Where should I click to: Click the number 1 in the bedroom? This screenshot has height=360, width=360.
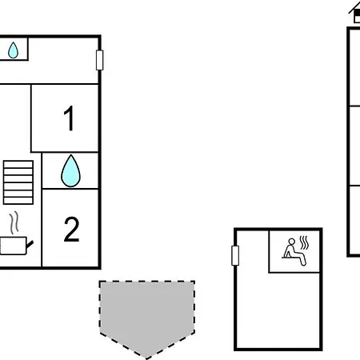coord(70,118)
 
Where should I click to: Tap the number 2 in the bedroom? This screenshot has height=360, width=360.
coord(71,229)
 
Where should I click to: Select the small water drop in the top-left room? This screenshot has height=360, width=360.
coord(13,50)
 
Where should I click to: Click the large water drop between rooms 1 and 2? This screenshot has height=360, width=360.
coord(70,171)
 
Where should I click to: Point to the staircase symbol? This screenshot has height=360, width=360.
coord(18,182)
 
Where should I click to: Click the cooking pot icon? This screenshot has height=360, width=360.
coord(14,246)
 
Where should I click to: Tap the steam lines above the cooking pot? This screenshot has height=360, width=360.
coord(14,222)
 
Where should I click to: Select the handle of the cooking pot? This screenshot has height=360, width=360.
coord(30,244)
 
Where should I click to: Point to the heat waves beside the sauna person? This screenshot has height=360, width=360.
coord(304,242)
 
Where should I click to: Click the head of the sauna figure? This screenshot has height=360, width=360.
coord(292,242)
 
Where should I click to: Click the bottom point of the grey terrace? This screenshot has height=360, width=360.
coord(146,358)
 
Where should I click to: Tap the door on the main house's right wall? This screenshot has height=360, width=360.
coord(99,60)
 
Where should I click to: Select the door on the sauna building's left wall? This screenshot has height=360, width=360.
coord(235,255)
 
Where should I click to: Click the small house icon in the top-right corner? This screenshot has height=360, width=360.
coord(355,13)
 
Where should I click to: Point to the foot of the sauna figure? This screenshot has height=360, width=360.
coord(303,264)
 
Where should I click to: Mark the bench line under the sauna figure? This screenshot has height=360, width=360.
coord(290,258)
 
